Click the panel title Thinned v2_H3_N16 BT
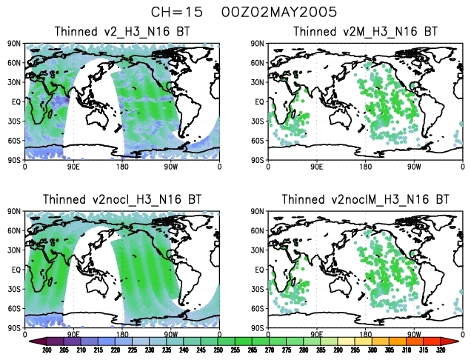click(x=122, y=31)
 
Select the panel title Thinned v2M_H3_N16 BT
click(x=364, y=31)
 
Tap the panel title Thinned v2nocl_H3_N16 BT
click(x=122, y=199)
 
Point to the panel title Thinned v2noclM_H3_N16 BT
click(x=364, y=199)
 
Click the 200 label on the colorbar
click(x=47, y=350)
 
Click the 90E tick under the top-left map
click(x=74, y=167)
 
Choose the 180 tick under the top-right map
click(x=365, y=167)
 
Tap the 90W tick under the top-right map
click(x=413, y=167)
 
